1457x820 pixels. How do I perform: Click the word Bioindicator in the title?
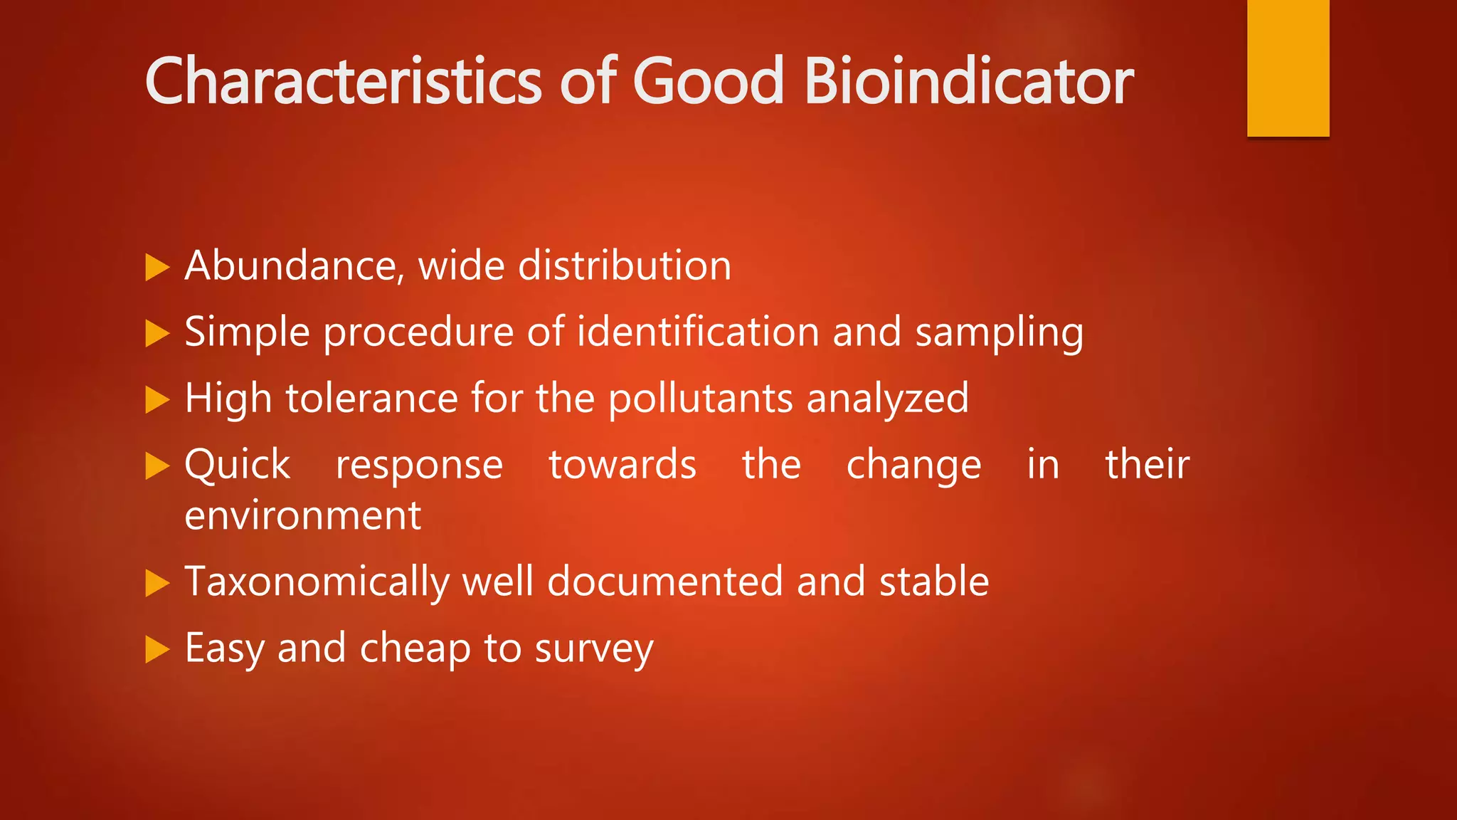point(968,81)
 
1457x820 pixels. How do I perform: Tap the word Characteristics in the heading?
point(343,81)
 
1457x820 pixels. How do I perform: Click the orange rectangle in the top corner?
point(1288,68)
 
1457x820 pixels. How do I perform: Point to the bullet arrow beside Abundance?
point(157,268)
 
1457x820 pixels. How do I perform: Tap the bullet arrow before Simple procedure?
point(157,334)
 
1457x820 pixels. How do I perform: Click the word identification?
point(697,332)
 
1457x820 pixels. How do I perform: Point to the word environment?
point(302,516)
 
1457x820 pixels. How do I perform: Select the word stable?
point(933,582)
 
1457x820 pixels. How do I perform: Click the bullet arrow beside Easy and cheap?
point(157,650)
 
